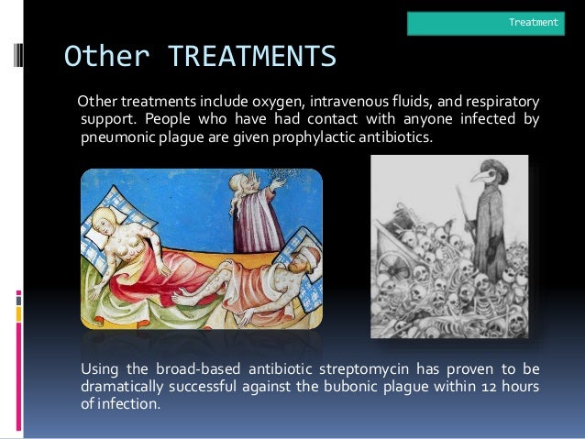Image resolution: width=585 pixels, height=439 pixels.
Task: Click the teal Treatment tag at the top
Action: click(x=485, y=22)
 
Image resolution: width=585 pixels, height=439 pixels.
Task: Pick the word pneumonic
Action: click(x=120, y=137)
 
